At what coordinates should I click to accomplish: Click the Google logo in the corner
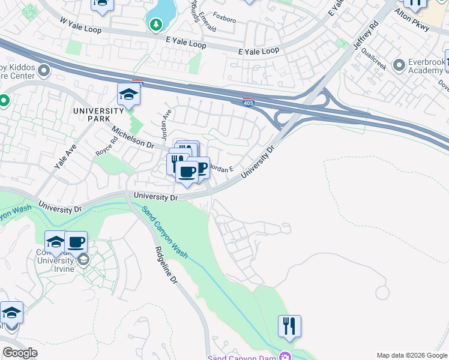click(x=20, y=353)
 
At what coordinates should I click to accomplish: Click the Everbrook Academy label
click(x=424, y=66)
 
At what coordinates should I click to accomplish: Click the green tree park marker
click(x=155, y=25)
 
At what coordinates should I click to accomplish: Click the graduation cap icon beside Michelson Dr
click(x=128, y=94)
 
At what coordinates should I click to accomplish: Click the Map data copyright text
click(x=411, y=355)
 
